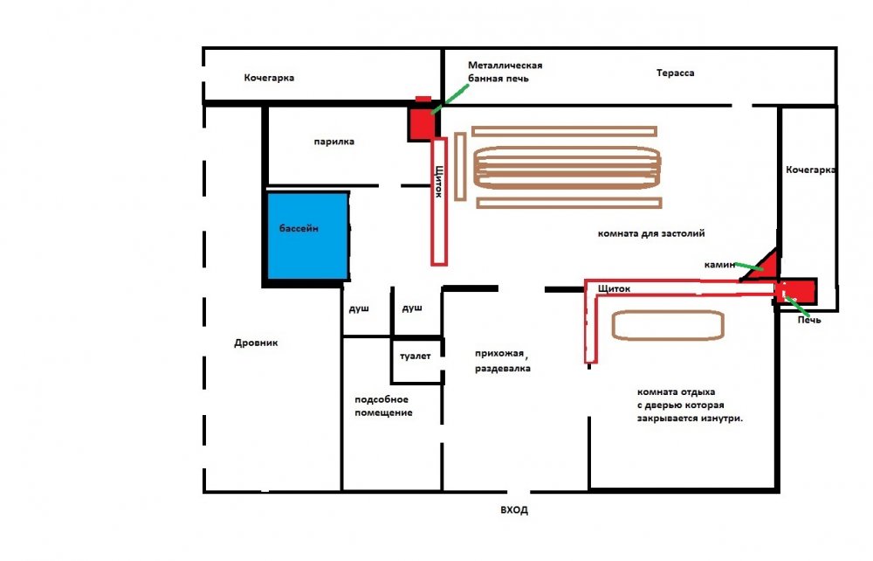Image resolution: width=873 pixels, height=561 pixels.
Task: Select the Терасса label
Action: pos(675,73)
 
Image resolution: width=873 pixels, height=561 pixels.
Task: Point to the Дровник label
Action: pos(256,343)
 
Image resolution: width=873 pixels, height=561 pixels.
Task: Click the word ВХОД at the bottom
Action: pos(513,509)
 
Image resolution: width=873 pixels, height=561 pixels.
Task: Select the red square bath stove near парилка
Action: pos(421,121)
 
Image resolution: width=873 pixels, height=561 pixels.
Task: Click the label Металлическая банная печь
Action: pos(505,72)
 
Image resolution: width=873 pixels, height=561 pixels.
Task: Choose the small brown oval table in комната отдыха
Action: pos(668,324)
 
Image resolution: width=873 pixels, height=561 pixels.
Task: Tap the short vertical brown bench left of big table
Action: pos(459,167)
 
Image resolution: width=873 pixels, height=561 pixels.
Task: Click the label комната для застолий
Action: pos(650,233)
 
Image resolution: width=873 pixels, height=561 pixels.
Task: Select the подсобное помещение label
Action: pos(383,405)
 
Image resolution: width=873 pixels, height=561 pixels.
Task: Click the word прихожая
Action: pos(501,353)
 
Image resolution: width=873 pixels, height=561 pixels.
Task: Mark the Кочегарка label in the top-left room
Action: pos(269,78)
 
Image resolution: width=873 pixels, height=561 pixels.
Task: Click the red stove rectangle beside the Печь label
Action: pos(795,289)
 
